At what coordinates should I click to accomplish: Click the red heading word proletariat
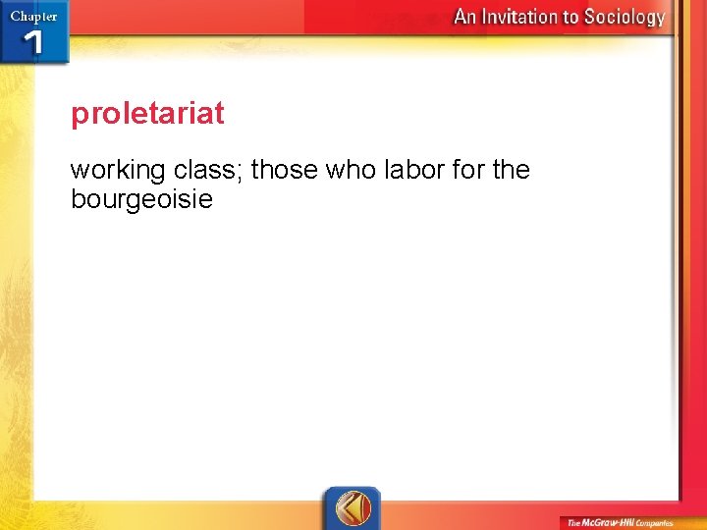[147, 115]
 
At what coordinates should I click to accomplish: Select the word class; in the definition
[209, 170]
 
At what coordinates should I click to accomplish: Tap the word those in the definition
[285, 170]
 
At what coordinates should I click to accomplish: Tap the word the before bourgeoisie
[511, 170]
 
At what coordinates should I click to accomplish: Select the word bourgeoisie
[141, 201]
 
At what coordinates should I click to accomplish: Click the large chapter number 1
[33, 42]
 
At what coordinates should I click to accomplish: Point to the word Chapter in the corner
[33, 16]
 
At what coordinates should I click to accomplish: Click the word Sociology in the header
[624, 17]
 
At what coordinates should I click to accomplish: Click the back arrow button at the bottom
[353, 508]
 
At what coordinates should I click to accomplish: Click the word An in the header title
[465, 17]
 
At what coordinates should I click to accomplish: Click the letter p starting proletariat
[79, 117]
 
